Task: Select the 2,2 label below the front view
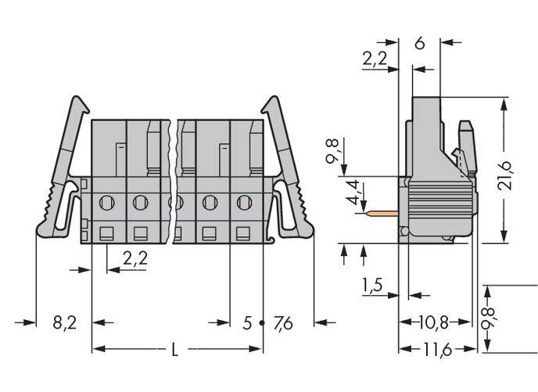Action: (x=135, y=258)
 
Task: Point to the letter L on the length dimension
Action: (x=174, y=351)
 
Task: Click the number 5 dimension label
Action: (x=247, y=322)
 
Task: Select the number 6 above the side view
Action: (x=419, y=44)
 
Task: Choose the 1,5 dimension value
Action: (x=373, y=286)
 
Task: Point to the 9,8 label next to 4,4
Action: (x=334, y=151)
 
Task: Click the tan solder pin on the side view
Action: (x=384, y=211)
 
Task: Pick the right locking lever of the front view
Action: (x=289, y=172)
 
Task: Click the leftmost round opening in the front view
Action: (x=106, y=203)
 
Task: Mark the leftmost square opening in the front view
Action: (x=106, y=231)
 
